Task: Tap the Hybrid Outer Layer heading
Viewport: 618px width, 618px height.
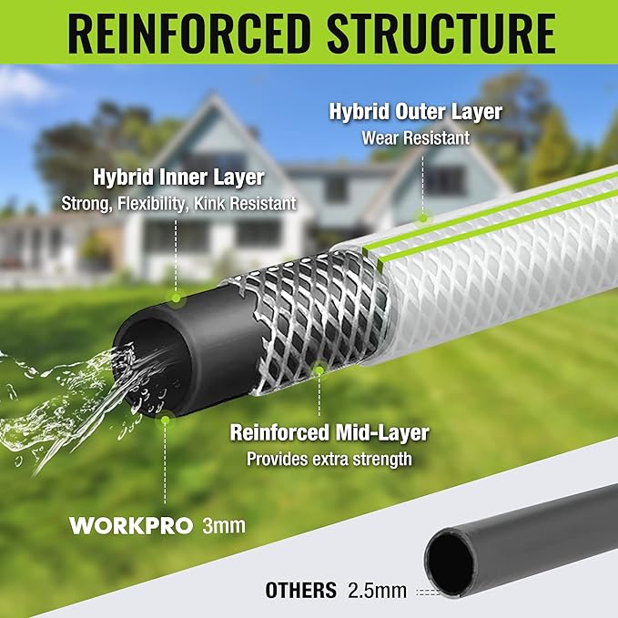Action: pyautogui.click(x=415, y=114)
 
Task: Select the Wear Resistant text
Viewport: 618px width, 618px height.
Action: pyautogui.click(x=415, y=138)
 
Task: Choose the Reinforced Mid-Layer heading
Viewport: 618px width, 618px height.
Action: pyautogui.click(x=329, y=433)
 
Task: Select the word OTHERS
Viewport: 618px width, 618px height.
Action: pyautogui.click(x=300, y=590)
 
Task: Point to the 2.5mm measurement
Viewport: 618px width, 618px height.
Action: pyautogui.click(x=377, y=591)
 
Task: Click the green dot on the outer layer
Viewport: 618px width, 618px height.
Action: pyautogui.click(x=422, y=217)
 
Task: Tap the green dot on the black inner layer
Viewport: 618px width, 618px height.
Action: pyautogui.click(x=175, y=299)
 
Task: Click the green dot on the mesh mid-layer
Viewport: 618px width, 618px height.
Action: pyautogui.click(x=319, y=370)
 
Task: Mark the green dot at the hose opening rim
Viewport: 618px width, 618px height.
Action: pyautogui.click(x=165, y=420)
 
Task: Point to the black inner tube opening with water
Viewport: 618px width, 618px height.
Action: pyautogui.click(x=146, y=364)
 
